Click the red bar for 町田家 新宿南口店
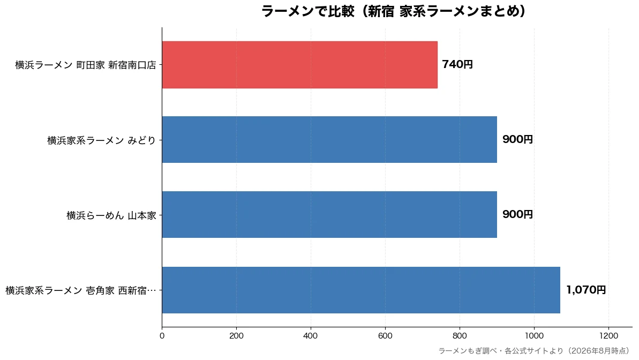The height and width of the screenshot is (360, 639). (x=299, y=64)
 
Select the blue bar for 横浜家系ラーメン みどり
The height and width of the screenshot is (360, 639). (x=329, y=139)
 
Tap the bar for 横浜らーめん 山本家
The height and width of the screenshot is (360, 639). (x=329, y=214)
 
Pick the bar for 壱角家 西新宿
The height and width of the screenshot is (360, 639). (x=361, y=290)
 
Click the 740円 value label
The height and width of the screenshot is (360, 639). (x=457, y=64)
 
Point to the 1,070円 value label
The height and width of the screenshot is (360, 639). (x=586, y=290)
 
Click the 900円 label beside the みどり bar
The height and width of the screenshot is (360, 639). (x=517, y=139)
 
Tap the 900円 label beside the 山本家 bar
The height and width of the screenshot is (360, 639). (x=517, y=214)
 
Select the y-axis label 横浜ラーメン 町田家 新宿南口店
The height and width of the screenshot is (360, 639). (x=86, y=65)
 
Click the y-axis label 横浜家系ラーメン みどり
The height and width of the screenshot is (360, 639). (x=101, y=140)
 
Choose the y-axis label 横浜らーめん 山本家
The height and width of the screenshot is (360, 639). (x=111, y=215)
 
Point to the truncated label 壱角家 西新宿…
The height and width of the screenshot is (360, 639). (x=81, y=290)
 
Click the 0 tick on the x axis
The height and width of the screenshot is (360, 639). (x=162, y=335)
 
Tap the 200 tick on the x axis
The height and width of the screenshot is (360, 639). (x=236, y=335)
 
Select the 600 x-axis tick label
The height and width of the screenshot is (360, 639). (x=385, y=335)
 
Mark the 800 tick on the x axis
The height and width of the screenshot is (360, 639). (x=460, y=335)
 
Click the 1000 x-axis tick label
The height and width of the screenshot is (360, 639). (x=534, y=335)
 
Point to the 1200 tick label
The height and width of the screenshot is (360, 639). (x=609, y=335)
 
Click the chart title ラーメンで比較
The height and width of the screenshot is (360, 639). (x=394, y=11)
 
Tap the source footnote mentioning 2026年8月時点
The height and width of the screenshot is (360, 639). (x=535, y=350)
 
